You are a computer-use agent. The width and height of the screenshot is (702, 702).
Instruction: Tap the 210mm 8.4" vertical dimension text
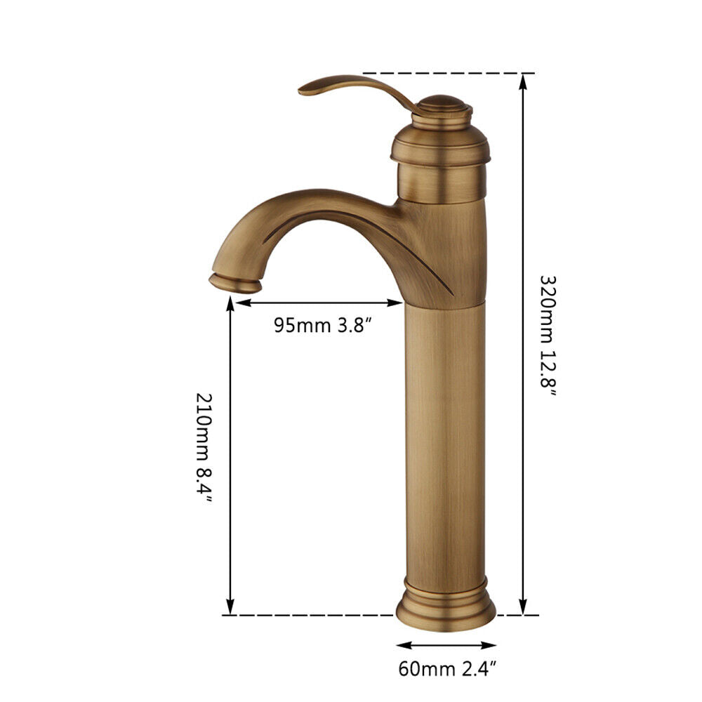[204, 448]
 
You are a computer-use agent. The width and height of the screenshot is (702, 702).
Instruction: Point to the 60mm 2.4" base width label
[447, 669]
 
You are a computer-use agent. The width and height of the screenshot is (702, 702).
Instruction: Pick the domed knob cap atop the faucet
[442, 105]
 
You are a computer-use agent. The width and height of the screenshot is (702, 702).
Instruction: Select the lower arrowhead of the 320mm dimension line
[522, 607]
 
